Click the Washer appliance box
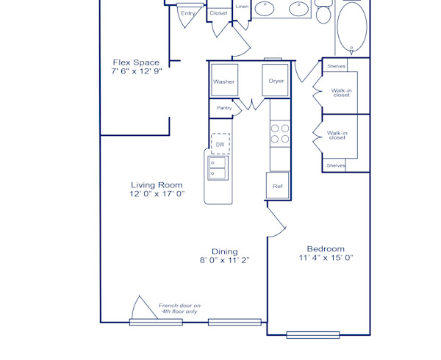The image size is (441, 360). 224,81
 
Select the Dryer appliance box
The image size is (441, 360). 276,81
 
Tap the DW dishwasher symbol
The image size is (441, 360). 220,144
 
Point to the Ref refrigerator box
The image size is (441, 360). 278,186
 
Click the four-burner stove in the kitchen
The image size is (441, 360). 279,133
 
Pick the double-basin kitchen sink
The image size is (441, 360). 218,168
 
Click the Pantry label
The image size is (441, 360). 224,108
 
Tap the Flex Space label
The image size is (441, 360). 136,62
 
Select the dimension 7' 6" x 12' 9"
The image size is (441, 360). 136,72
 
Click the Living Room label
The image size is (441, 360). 157,185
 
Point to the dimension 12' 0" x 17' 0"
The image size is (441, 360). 157,195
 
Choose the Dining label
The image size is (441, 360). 225,251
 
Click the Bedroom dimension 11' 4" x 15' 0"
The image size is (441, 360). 326,258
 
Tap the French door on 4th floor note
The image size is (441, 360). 179,309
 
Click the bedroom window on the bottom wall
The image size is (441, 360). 313,335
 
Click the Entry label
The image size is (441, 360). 188,12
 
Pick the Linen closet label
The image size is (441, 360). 242,7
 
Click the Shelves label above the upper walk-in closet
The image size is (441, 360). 337,65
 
